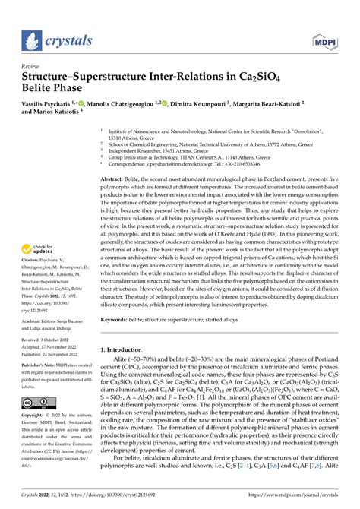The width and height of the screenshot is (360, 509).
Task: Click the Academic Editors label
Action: (38, 322)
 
